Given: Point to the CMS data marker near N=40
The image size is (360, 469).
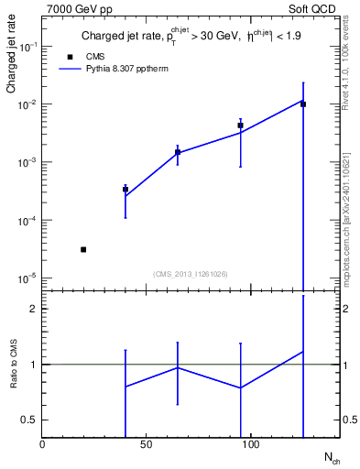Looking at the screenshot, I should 125,190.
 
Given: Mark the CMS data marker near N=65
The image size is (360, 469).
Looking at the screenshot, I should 178,152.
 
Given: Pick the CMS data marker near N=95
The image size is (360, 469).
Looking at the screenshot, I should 240,125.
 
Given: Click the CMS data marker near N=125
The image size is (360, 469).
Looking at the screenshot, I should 303,104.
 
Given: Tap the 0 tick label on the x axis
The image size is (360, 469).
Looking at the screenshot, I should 42,444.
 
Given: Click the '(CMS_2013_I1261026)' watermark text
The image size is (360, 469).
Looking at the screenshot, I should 191,273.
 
